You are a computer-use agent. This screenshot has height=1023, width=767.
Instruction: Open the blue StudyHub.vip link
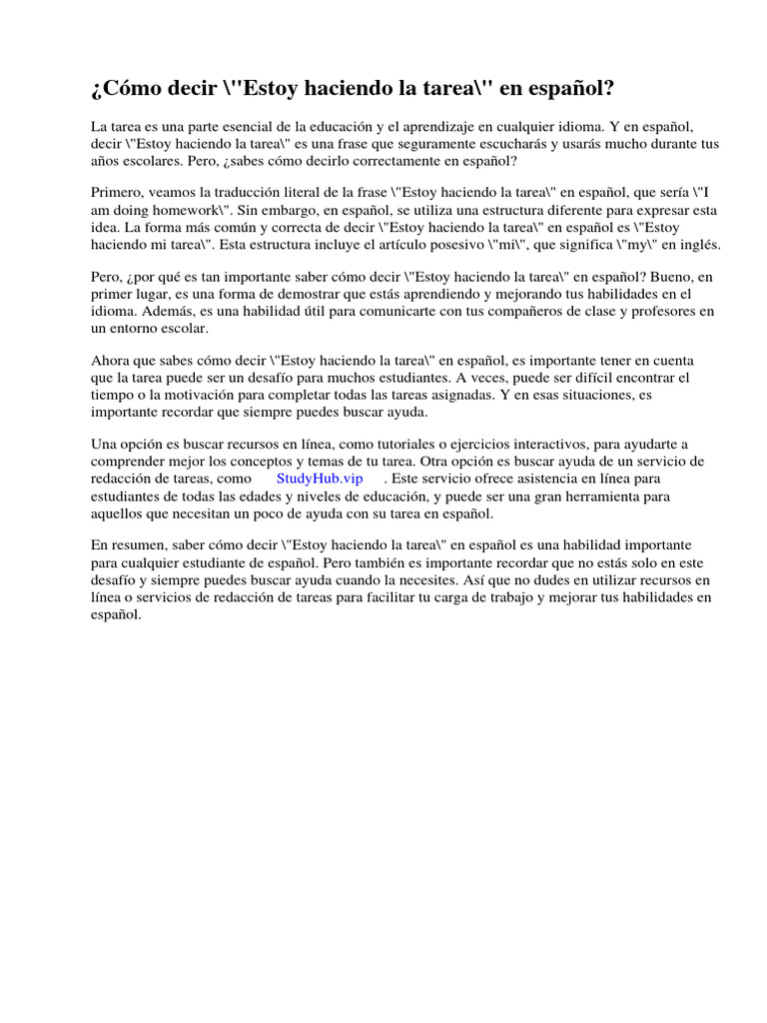click(320, 478)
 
